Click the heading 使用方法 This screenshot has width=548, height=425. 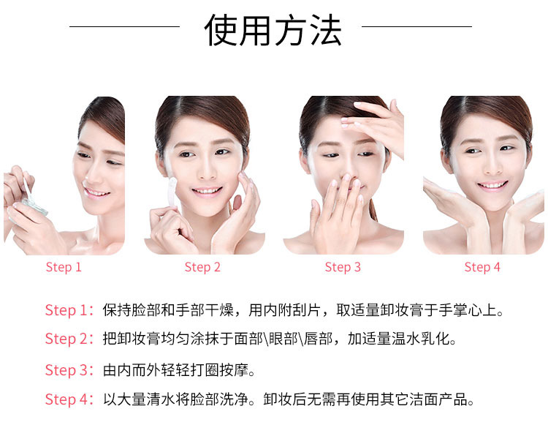(273, 31)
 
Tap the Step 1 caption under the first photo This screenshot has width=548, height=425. (64, 267)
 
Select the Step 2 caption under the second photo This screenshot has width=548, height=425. (202, 267)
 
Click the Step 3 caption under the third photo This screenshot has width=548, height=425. (343, 267)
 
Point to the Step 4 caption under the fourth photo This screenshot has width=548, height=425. (482, 267)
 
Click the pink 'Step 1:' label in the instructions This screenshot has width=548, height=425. (69, 310)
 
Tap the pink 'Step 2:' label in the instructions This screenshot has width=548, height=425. (69, 339)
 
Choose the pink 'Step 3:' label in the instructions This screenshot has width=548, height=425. (69, 370)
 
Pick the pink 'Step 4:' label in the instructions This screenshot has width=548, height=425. (69, 399)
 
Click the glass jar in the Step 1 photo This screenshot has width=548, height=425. (34, 206)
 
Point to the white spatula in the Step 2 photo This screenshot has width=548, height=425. (172, 192)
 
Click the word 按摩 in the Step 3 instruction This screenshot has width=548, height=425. (234, 370)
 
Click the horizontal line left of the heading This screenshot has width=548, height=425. (124, 26)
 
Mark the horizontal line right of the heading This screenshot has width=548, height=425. (416, 26)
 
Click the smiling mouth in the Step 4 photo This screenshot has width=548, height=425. (492, 185)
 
